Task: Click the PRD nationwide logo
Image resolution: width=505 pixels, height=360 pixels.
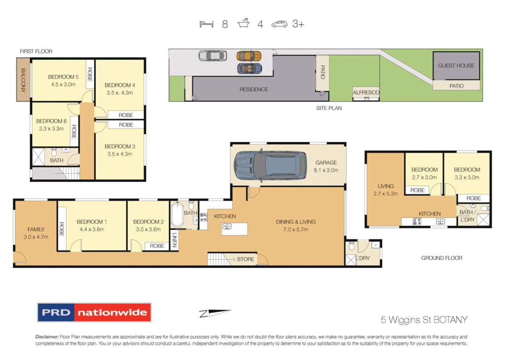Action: pyautogui.click(x=94, y=312)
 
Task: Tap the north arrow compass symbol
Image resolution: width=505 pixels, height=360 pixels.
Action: pyautogui.click(x=216, y=312)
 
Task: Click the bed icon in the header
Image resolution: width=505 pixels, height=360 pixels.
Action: pyautogui.click(x=207, y=24)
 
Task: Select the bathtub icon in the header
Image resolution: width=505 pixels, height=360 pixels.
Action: pyautogui.click(x=244, y=24)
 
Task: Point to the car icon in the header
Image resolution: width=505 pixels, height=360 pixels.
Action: pyautogui.click(x=279, y=24)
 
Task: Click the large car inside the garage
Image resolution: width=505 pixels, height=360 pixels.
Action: pyautogui.click(x=267, y=165)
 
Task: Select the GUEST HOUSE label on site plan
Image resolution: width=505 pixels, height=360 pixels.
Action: pyautogui.click(x=456, y=66)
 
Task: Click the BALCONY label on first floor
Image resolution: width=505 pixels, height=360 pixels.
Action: pyautogui.click(x=23, y=80)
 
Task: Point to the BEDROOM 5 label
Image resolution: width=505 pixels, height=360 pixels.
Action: pyautogui.click(x=63, y=77)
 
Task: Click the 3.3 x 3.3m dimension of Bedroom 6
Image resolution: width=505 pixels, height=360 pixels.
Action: pyautogui.click(x=51, y=129)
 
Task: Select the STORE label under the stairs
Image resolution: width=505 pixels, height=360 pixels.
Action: pyautogui.click(x=246, y=259)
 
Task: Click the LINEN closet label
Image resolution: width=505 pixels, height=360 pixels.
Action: pyautogui.click(x=175, y=241)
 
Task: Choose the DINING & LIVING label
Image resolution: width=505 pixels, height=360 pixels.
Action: pyautogui.click(x=292, y=222)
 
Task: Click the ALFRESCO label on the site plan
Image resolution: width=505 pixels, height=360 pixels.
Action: pyautogui.click(x=365, y=93)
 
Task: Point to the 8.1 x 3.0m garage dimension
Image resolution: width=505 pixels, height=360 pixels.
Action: pyautogui.click(x=326, y=170)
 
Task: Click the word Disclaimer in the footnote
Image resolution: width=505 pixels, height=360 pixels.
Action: pyautogui.click(x=47, y=336)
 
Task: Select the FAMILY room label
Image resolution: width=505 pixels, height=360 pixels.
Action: pyautogui.click(x=36, y=229)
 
